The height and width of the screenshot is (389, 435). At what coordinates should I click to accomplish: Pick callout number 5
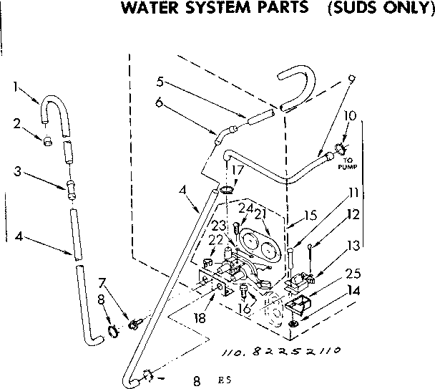160,80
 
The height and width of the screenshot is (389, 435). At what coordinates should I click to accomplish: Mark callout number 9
350,80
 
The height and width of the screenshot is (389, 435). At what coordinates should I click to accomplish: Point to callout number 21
260,212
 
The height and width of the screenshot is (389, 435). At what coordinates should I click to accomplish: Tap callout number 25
353,273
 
